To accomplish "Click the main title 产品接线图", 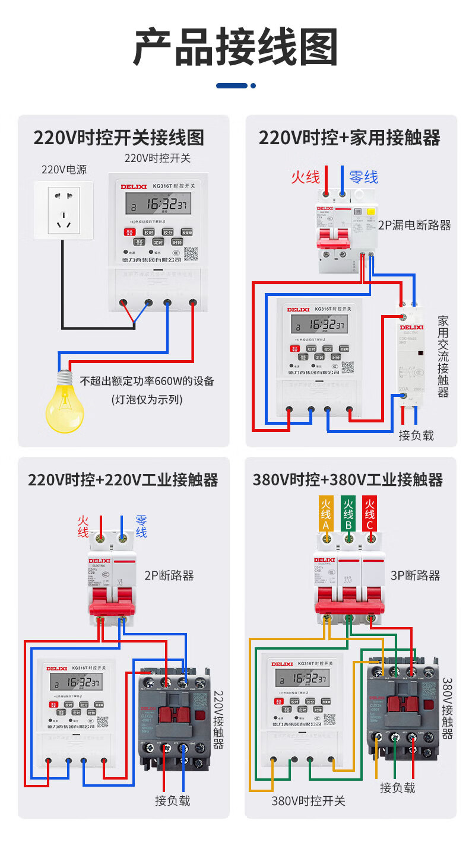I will [x=235, y=47].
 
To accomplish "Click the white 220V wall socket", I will [x=64, y=210].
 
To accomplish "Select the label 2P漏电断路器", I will [x=414, y=225].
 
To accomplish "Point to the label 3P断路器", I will [x=416, y=575].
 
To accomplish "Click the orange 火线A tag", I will [x=326, y=514].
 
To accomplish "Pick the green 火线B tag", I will [x=348, y=514].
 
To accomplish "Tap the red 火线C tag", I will [x=369, y=514].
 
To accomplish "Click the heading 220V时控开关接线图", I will [x=119, y=138].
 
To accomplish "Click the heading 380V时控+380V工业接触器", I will [x=348, y=479].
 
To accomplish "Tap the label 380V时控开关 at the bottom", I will [x=308, y=801].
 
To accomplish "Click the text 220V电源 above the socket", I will [x=64, y=170].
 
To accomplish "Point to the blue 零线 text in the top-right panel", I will [x=363, y=177].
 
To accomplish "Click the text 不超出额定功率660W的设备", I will [x=147, y=381].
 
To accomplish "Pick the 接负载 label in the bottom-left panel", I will [x=173, y=800].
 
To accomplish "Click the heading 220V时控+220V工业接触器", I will [x=123, y=479].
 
